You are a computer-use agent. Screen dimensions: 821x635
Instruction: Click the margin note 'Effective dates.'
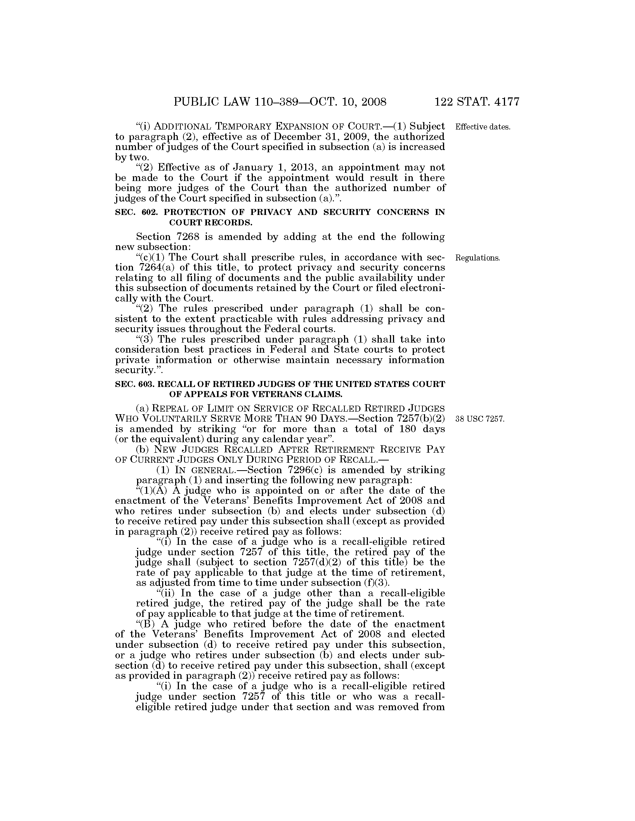coord(483,127)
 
